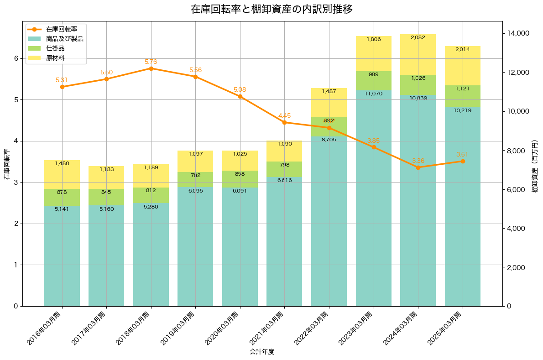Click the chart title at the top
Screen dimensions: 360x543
(x=271, y=9)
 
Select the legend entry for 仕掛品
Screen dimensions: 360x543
(x=55, y=48)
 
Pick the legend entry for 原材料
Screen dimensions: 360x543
(x=55, y=58)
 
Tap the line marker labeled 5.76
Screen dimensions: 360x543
(x=151, y=68)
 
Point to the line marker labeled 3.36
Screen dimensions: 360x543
(x=418, y=167)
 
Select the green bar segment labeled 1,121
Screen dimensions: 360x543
(x=463, y=96)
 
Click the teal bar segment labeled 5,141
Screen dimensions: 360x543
(x=62, y=256)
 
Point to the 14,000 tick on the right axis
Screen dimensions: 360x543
(x=518, y=33)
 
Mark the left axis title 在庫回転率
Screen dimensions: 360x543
(x=6, y=164)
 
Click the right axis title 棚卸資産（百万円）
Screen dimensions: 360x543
(x=535, y=164)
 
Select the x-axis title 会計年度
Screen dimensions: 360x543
(x=262, y=352)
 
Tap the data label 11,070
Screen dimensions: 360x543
(x=374, y=94)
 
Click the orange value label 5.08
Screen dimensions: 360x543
(x=240, y=90)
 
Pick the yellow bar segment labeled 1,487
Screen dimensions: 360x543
(x=329, y=103)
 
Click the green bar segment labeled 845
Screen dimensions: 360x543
(x=106, y=197)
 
